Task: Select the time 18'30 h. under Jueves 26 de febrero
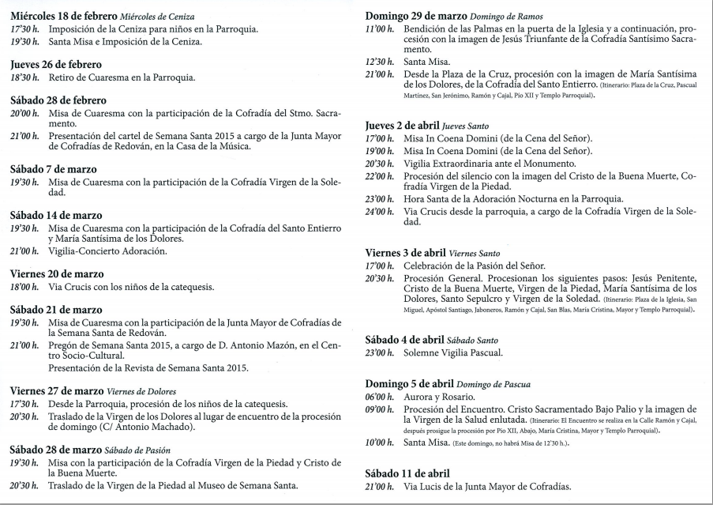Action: point(26,77)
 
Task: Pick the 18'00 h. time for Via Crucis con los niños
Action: point(26,288)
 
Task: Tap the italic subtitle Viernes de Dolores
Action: point(140,391)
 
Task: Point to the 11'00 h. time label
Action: point(380,29)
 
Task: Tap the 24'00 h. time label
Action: point(380,212)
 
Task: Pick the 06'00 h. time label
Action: point(380,397)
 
